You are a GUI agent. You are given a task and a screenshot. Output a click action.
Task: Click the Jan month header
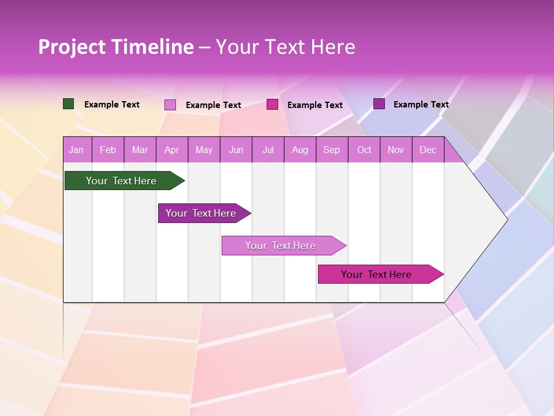click(76, 150)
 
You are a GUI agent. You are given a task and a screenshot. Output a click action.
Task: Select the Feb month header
click(108, 150)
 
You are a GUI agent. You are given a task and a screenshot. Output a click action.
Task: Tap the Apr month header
click(171, 150)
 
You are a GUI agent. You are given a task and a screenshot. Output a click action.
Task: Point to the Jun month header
click(236, 150)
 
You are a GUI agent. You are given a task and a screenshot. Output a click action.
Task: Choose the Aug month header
click(300, 150)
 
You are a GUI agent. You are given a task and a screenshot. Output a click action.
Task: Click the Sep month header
click(332, 150)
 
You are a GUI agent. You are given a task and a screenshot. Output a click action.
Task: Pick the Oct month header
click(364, 150)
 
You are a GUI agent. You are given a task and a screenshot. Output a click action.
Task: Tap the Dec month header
click(428, 150)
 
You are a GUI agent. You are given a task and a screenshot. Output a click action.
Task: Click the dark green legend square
click(68, 104)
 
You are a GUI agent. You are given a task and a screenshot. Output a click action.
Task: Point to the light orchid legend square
click(170, 105)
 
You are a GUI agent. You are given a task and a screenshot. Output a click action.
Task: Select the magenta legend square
click(272, 105)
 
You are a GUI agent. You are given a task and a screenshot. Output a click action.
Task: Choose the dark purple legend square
click(379, 104)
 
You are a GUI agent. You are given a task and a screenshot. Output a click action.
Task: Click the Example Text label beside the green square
click(112, 105)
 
